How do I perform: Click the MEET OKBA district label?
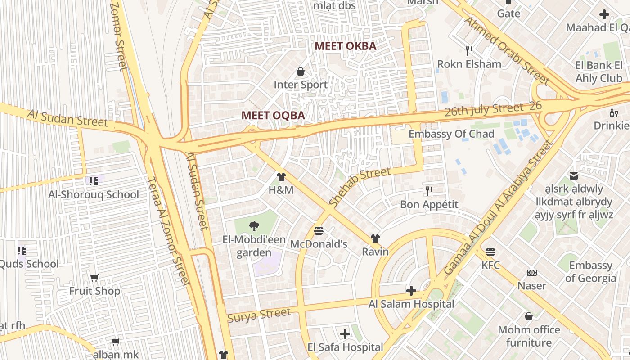(x=345, y=46)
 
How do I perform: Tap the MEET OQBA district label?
(x=273, y=115)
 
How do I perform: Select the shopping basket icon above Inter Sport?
(x=301, y=72)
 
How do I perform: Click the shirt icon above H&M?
(x=281, y=177)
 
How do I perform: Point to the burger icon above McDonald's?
(x=319, y=231)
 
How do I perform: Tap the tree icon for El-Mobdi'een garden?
(x=254, y=226)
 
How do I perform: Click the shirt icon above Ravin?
(x=375, y=238)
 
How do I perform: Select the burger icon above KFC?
(x=490, y=252)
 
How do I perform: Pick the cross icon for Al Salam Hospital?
(x=411, y=291)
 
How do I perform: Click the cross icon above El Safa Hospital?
(x=345, y=334)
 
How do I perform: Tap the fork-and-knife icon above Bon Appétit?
(x=429, y=191)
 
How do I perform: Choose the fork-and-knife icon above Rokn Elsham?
(x=469, y=50)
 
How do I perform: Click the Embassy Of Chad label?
(x=451, y=134)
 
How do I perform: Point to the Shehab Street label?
(x=360, y=187)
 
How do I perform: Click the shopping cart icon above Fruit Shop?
(x=94, y=278)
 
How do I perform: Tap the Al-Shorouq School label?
(x=94, y=194)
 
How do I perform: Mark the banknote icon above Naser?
(x=531, y=273)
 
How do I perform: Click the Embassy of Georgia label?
(x=590, y=271)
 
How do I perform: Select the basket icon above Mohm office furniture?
(x=529, y=316)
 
